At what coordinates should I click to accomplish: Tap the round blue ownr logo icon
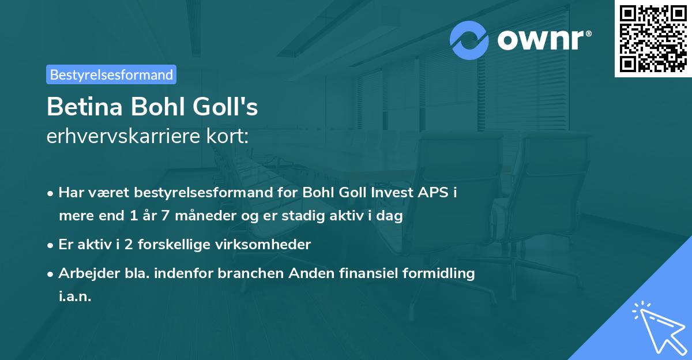coord(469,40)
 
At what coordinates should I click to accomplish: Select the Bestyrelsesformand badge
coord(111,74)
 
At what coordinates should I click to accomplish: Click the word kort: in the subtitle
coord(229,137)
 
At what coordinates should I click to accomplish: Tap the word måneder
coord(195,216)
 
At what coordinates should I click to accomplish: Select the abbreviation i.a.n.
coord(75,297)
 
